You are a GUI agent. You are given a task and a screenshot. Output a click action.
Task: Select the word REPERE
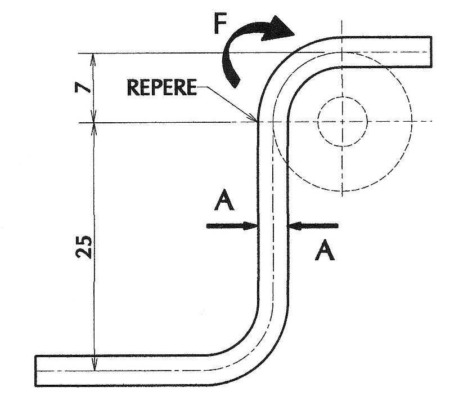tap(161, 88)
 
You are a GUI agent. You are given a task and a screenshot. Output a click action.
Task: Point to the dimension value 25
tap(84, 246)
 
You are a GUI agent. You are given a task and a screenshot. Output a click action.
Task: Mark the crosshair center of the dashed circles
tap(342, 121)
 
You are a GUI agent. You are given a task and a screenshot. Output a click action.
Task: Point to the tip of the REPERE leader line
tap(256, 121)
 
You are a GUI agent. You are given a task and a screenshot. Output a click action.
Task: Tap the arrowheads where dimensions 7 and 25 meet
tap(94, 122)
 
